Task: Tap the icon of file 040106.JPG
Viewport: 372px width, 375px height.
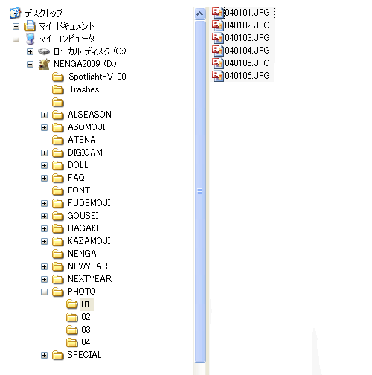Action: (x=217, y=75)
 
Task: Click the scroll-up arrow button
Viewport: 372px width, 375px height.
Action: (x=199, y=13)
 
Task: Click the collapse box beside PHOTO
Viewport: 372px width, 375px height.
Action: (x=44, y=292)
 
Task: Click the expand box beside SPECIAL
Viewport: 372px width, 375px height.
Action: (x=44, y=355)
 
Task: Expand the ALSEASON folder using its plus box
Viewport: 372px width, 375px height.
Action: (x=44, y=115)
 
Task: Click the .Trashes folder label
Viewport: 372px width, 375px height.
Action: (x=83, y=89)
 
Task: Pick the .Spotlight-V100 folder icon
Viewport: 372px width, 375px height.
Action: (x=58, y=77)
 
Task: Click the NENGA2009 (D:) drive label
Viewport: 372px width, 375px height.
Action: (x=85, y=64)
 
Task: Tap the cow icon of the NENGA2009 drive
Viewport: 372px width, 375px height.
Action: (x=45, y=64)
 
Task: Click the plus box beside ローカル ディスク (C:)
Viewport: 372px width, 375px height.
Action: (x=30, y=51)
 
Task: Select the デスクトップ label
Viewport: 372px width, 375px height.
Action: (x=44, y=13)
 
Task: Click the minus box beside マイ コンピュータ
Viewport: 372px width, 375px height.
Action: (x=16, y=39)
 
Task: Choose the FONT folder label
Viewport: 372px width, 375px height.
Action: (x=79, y=190)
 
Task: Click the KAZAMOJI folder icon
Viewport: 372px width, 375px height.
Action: (x=58, y=241)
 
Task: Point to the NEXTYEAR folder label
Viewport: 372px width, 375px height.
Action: (x=89, y=279)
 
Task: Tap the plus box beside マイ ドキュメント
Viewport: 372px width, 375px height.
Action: (x=16, y=26)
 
